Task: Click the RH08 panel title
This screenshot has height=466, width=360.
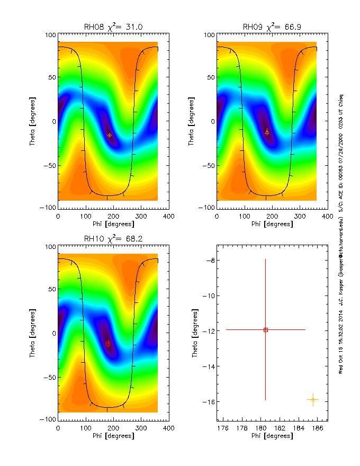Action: pos(113,27)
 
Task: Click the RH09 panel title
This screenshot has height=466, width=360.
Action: pos(272,27)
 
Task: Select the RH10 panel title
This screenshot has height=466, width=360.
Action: pos(113,239)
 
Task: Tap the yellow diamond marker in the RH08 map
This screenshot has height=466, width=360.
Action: pos(110,135)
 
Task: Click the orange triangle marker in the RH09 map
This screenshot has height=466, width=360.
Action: pos(267,131)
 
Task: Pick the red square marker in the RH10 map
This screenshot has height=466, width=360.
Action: pos(107,344)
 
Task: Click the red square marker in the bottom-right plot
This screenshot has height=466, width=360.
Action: pos(266,330)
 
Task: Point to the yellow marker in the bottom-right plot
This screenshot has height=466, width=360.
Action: pos(313,399)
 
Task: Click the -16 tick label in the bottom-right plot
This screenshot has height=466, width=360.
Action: pos(208,402)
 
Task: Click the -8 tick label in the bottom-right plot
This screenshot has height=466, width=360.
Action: pos(210,261)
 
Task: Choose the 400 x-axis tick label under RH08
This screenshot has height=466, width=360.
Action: pos(168,217)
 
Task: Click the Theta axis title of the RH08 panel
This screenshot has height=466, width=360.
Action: pos(32,121)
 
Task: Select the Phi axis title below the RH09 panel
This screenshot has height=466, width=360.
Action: pos(272,224)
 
